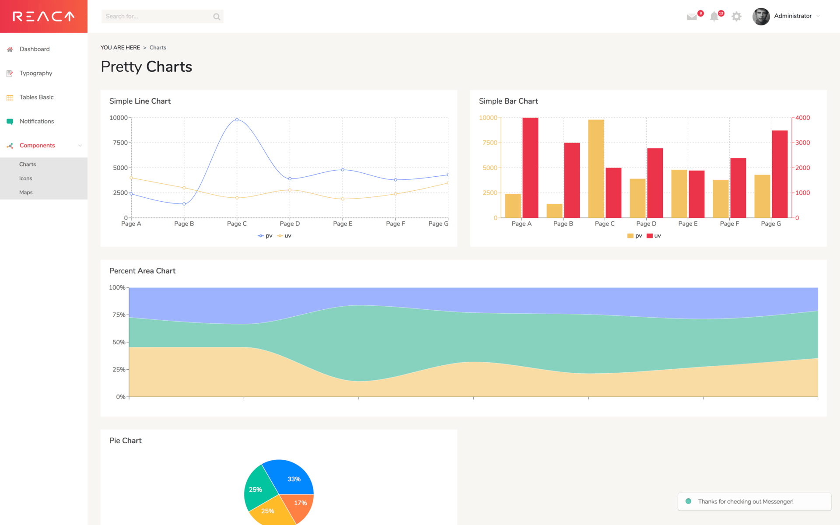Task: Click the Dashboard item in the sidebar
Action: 34,49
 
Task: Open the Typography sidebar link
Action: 35,73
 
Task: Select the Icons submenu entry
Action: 25,178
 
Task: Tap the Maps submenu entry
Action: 26,192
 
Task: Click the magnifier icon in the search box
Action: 217,17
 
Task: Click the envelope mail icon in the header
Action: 692,17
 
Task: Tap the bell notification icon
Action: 714,17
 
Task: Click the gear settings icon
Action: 737,17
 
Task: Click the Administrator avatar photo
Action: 761,17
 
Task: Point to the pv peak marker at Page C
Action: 237,119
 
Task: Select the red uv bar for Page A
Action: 530,168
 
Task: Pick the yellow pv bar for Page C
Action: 596,168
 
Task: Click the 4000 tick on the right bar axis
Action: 802,118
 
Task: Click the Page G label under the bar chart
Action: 770,224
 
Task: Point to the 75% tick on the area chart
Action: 119,315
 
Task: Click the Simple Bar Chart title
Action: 508,101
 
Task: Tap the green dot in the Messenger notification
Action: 688,501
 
